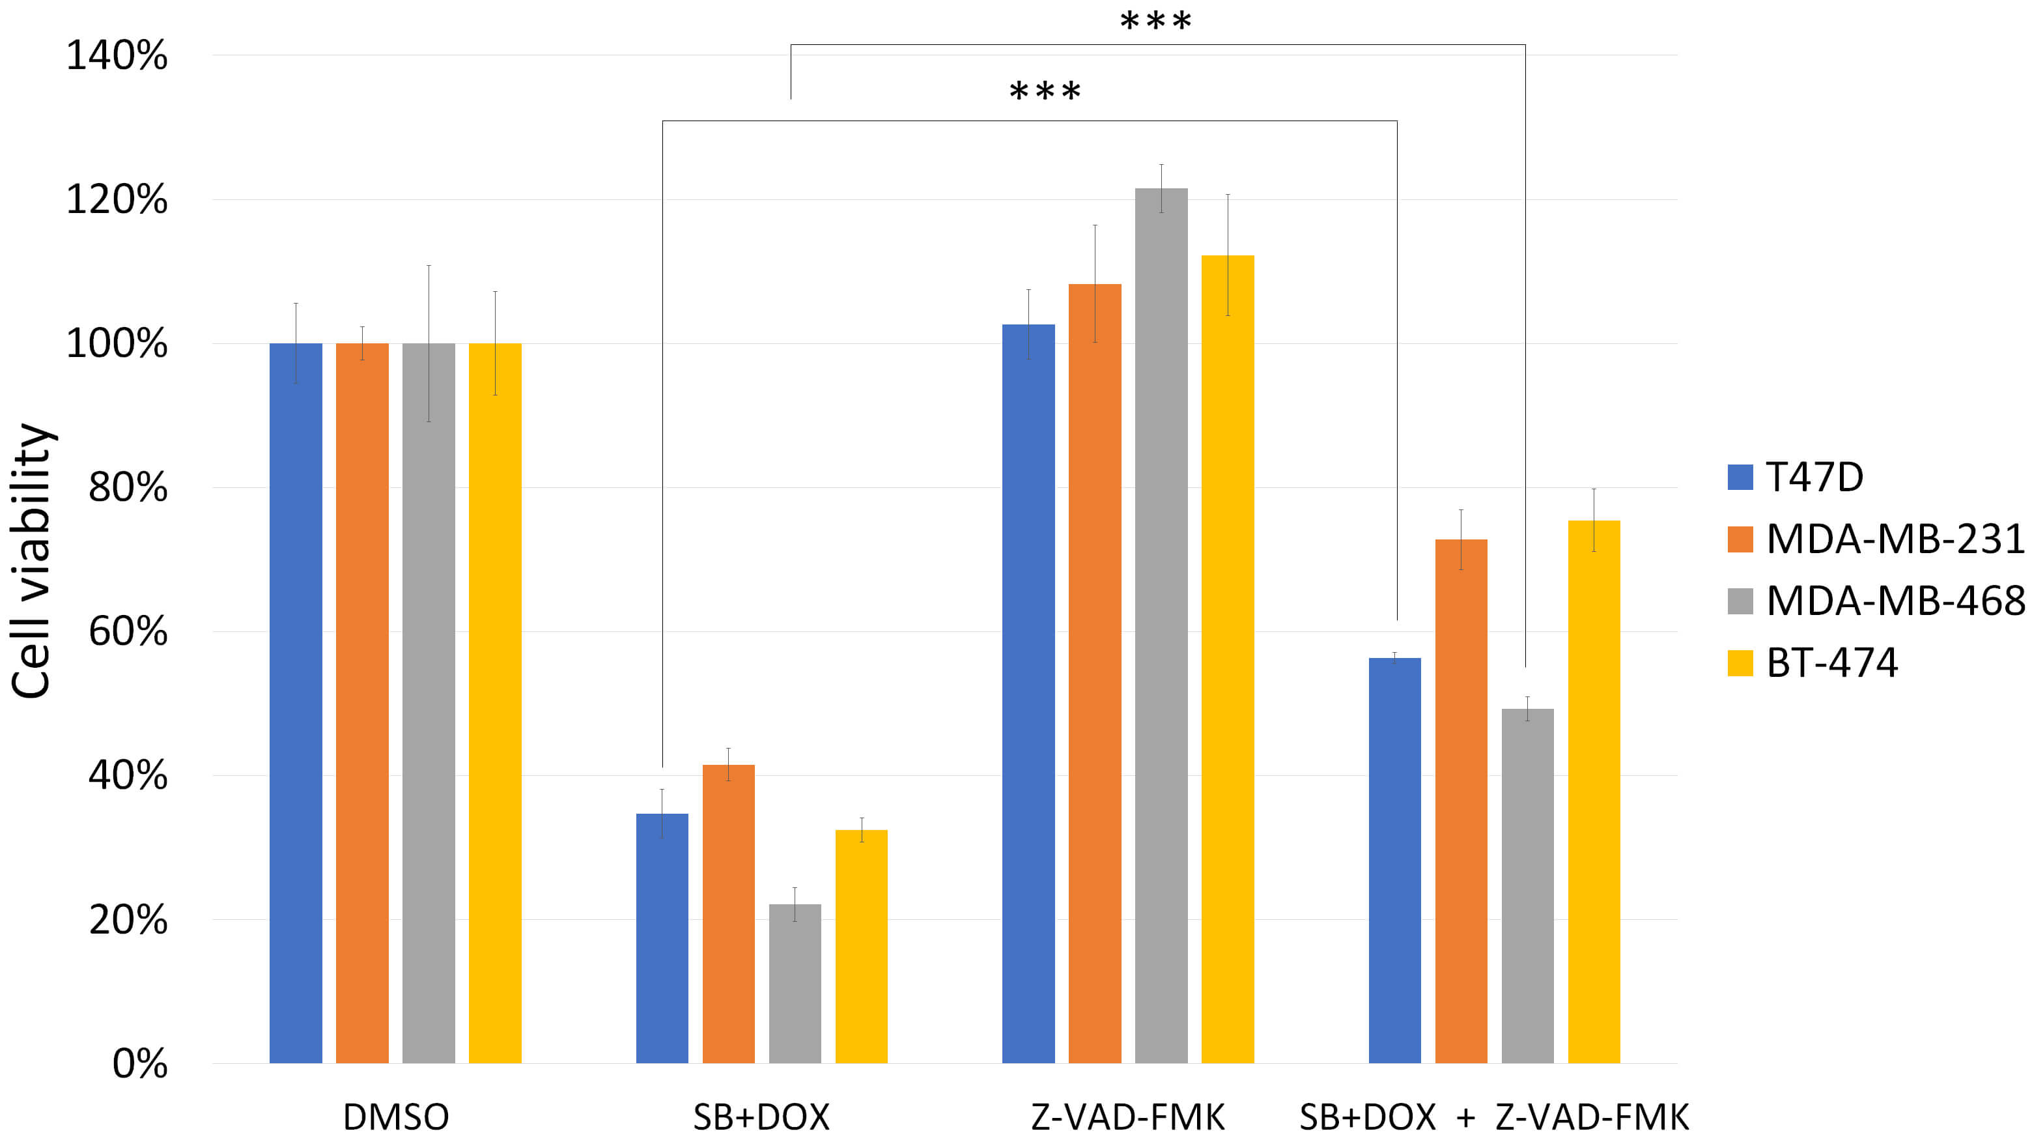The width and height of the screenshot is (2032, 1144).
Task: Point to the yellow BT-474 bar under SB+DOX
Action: [862, 946]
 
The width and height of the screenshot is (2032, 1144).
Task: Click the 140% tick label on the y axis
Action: [117, 56]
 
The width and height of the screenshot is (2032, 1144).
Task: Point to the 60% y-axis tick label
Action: [128, 632]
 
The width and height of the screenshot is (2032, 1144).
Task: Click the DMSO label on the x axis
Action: [396, 1117]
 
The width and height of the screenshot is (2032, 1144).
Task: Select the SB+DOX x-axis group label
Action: [761, 1117]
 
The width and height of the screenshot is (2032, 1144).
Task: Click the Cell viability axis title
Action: [31, 560]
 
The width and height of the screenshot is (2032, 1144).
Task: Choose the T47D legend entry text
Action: [1814, 478]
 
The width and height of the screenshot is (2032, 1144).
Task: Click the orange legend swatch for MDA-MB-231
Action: [1740, 539]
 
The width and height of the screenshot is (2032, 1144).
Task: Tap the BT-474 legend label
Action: [1831, 663]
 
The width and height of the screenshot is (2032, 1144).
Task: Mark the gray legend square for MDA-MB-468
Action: [1740, 601]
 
